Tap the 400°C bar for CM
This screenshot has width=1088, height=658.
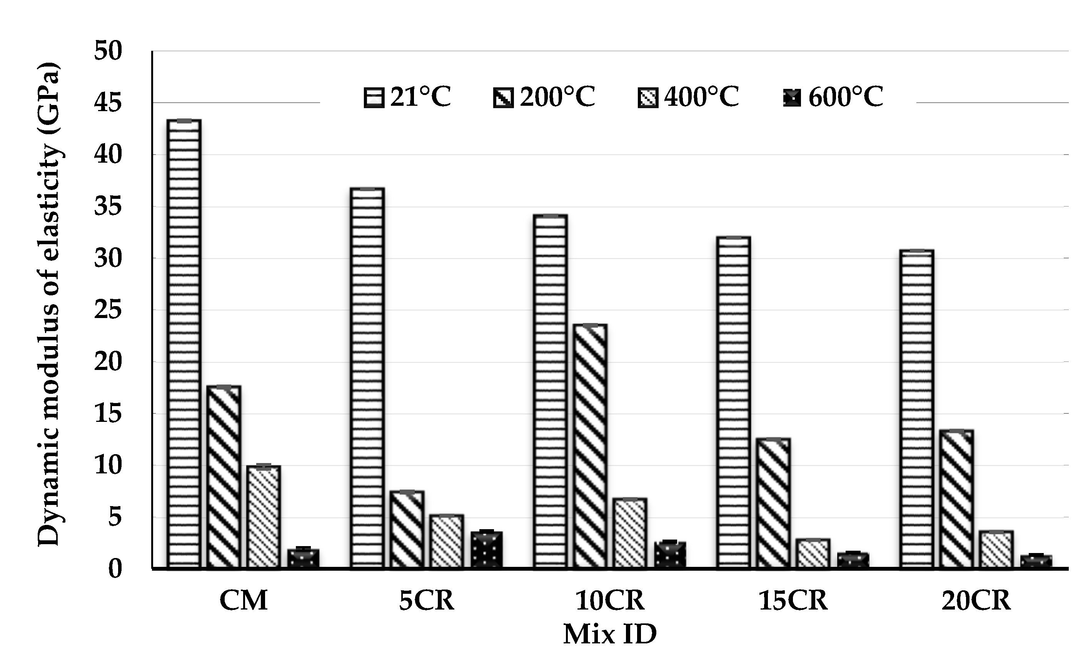click(264, 516)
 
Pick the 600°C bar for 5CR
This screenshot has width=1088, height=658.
click(486, 550)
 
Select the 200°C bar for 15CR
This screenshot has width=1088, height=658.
click(773, 503)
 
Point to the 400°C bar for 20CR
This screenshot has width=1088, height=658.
click(996, 550)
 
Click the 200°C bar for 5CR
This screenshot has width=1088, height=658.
click(407, 530)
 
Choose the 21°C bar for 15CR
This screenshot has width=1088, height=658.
click(733, 402)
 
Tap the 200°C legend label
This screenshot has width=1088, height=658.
click(557, 97)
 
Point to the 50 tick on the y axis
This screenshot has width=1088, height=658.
click(107, 51)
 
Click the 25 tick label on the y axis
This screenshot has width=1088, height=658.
click(107, 310)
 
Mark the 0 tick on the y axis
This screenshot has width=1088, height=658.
click(114, 569)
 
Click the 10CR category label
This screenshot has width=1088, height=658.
click(610, 601)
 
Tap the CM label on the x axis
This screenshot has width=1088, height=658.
click(243, 601)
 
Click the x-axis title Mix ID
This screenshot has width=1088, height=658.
click(610, 634)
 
